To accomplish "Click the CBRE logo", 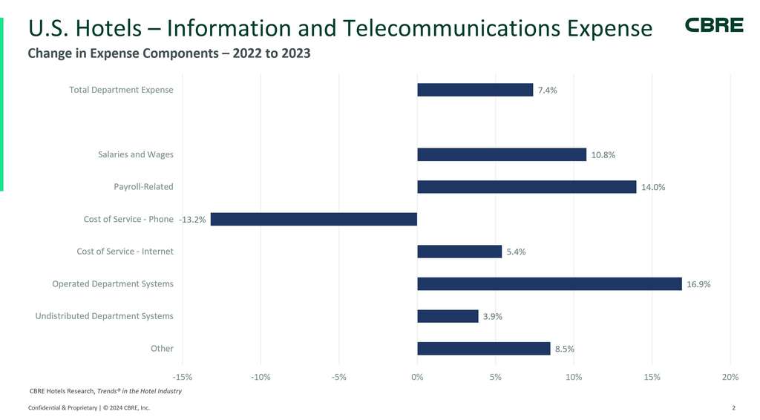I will click(713, 25).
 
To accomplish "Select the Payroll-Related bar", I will click(526, 187).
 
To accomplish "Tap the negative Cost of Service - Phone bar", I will click(314, 219).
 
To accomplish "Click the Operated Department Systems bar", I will click(549, 283).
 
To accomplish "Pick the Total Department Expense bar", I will click(475, 90).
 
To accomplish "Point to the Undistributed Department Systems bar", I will click(448, 316).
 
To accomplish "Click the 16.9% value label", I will click(698, 284).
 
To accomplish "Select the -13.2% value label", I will click(193, 220).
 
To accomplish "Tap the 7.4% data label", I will click(547, 91).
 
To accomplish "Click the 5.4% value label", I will click(516, 252).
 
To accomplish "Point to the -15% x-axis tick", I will click(183, 377).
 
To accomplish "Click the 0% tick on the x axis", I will click(417, 377).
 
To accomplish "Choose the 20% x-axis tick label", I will click(730, 377).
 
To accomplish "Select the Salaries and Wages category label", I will click(136, 154).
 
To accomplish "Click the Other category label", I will click(162, 348).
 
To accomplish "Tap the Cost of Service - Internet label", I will click(125, 252).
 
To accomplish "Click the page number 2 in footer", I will click(733, 408).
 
